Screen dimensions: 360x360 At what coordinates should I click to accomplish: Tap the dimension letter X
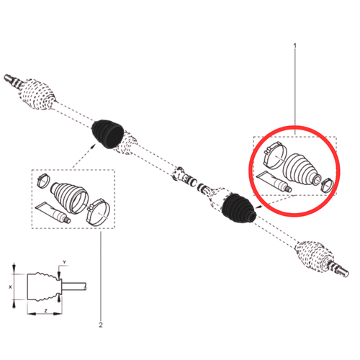pyautogui.click(x=9, y=285)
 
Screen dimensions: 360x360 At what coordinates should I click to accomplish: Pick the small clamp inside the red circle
pyautogui.click(x=325, y=181)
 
